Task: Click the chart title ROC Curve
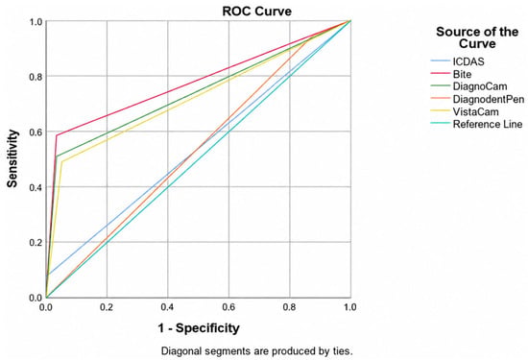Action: (x=256, y=12)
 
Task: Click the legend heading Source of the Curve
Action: (x=477, y=37)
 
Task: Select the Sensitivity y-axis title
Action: (x=12, y=158)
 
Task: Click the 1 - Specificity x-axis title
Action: (x=199, y=327)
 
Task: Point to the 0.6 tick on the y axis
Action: (x=36, y=132)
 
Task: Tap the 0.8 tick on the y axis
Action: (x=36, y=76)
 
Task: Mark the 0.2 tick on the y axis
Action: (x=36, y=242)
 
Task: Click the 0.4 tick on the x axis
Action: (x=167, y=307)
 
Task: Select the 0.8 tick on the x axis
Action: (x=289, y=307)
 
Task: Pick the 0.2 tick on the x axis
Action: (x=107, y=307)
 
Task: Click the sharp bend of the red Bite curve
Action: (x=57, y=135)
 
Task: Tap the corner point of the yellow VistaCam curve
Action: (x=61, y=161)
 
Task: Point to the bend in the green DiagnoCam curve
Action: (x=57, y=156)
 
